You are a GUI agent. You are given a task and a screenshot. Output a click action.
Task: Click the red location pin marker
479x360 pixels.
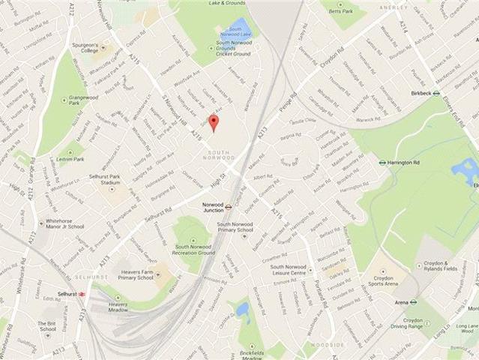point(213,122)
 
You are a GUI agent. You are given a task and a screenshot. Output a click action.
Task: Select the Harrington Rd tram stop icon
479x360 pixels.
point(382,161)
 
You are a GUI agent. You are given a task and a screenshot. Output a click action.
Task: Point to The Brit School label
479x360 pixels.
point(47,327)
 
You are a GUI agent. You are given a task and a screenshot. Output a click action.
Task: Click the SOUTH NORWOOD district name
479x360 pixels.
point(220,154)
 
